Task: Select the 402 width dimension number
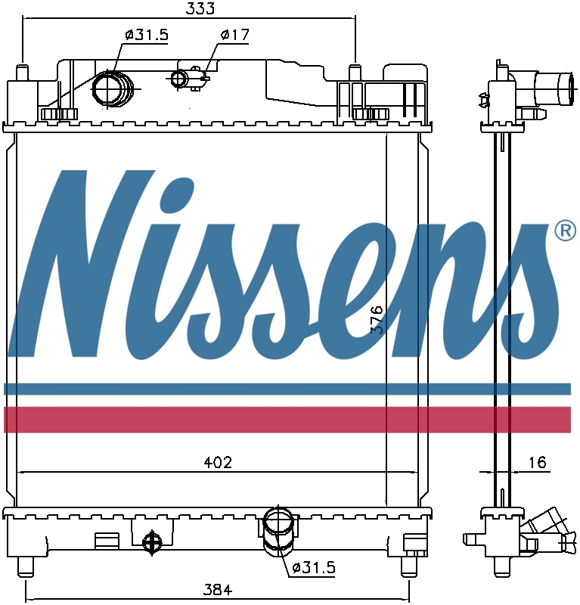click(x=216, y=462)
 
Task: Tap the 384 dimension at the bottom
click(x=216, y=589)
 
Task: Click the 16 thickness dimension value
click(x=537, y=462)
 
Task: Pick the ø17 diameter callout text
click(x=234, y=35)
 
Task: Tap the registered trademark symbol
click(x=565, y=231)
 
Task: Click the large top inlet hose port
click(x=111, y=88)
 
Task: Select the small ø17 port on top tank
click(x=180, y=78)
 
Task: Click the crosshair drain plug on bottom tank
click(x=152, y=541)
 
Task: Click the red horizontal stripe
click(x=287, y=418)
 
